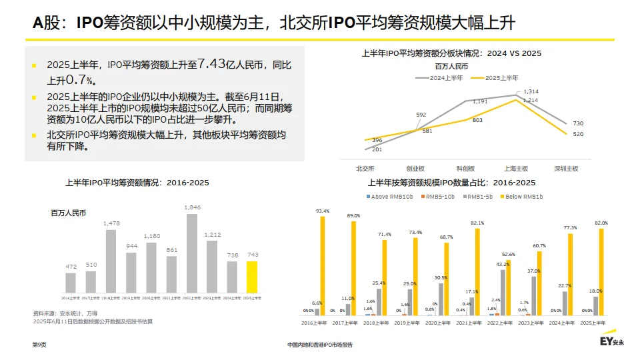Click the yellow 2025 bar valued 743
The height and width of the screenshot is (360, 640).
pos(251,276)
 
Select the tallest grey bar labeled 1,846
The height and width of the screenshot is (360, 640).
pos(193,253)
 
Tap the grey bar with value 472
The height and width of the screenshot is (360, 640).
pos(71,282)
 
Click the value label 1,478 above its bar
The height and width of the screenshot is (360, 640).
pos(111,223)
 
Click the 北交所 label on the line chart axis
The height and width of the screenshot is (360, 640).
pos(366,169)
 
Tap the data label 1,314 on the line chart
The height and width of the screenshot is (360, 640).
pos(531,91)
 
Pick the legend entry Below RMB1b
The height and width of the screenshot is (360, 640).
pos(524,197)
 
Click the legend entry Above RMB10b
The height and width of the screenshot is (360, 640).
pos(389,197)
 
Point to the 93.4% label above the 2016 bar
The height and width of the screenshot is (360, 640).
pos(323,211)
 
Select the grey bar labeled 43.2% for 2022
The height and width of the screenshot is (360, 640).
pos(503,292)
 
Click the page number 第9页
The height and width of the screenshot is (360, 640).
pos(39,345)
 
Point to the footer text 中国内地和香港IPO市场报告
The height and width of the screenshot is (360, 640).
pos(319,345)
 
